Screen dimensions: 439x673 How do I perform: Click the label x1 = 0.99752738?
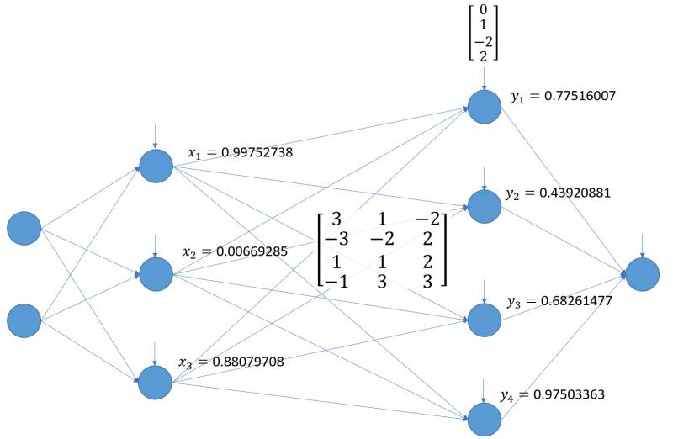240,152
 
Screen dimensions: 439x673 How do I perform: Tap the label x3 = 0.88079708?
231,362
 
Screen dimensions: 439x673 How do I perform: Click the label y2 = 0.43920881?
558,193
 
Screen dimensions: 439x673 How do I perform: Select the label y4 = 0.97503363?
552,394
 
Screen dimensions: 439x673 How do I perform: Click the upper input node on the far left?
24,228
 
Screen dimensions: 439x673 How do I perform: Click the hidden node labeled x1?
156,165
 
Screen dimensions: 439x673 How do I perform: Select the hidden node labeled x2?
156,272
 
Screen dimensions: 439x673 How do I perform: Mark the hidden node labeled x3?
156,381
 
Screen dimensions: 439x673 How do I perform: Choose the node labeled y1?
485,107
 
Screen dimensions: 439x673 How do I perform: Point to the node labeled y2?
485,205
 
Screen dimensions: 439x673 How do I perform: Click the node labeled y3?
485,319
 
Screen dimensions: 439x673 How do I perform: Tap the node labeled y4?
485,418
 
